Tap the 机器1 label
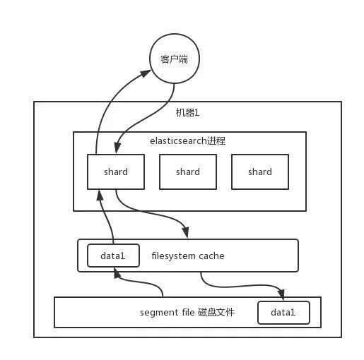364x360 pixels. click(187, 113)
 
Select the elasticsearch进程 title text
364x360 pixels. click(188, 141)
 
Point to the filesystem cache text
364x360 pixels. click(188, 256)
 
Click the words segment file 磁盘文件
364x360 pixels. click(187, 313)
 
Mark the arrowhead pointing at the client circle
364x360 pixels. click(146, 73)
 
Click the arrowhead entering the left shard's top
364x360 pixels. click(117, 148)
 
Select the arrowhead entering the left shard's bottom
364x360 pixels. click(100, 196)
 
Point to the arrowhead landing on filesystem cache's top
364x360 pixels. click(186, 233)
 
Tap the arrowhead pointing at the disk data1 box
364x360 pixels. click(281, 295)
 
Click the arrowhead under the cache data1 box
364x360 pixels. click(117, 273)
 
